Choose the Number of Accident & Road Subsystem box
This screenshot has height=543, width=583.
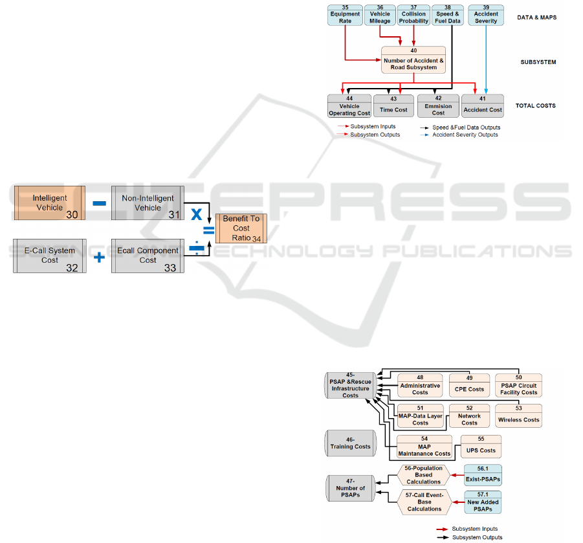point(413,60)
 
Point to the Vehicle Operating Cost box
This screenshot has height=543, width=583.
point(349,106)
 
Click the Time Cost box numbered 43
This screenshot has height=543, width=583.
point(393,106)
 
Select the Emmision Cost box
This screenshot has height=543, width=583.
point(438,106)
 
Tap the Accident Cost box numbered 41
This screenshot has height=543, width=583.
point(482,106)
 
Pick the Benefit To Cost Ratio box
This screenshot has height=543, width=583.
point(241,228)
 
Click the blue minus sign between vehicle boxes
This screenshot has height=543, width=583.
point(99,203)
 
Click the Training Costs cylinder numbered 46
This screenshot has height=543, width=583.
point(350,443)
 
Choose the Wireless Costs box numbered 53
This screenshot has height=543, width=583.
point(518,416)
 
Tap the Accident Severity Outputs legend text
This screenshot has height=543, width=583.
point(465,135)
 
